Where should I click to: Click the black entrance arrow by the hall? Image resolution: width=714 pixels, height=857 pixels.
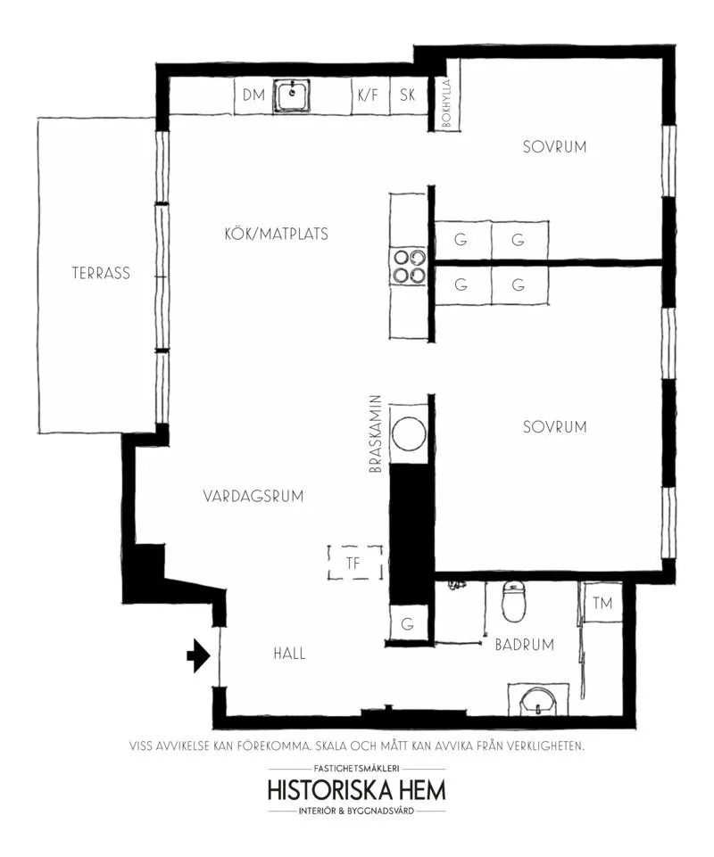199,655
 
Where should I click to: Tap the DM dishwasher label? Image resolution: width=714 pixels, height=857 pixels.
253,95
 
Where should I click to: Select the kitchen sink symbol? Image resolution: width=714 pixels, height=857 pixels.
292,95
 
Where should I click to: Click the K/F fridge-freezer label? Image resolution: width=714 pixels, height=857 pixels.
369,95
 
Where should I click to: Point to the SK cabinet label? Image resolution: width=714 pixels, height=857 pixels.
408,95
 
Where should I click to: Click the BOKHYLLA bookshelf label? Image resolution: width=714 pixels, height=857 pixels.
446,103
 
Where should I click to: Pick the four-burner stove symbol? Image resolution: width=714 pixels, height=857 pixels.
408,267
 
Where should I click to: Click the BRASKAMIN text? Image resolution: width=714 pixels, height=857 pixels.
376,434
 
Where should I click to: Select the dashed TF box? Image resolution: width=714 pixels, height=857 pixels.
355,563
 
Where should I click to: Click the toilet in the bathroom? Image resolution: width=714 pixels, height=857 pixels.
514,602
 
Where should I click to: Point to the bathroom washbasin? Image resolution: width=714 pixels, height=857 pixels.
538,699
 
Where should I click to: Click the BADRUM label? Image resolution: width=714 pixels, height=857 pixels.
525,645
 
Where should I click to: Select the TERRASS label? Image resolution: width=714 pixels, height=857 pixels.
101,273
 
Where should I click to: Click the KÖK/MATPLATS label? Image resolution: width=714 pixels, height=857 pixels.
277,234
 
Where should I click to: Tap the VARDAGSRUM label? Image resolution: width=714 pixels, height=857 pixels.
253,496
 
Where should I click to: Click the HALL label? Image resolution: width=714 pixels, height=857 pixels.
289,653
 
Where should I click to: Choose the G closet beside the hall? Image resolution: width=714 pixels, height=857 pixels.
408,623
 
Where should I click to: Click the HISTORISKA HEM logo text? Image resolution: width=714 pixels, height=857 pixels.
357,790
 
